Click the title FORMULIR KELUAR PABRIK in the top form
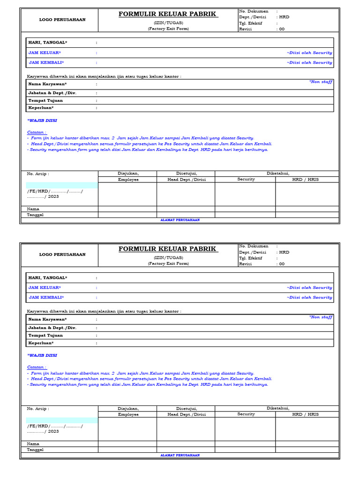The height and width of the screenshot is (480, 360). [168, 14]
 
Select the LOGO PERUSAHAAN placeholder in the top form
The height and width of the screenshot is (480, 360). [62, 20]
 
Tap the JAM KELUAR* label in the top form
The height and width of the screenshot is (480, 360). [45, 52]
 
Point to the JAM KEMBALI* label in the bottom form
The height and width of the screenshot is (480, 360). [46, 297]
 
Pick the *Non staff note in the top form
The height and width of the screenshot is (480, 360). [321, 82]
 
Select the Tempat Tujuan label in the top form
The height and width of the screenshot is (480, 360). [45, 100]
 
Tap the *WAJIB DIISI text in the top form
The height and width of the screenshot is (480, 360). [42, 120]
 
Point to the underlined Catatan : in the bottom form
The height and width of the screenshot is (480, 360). [37, 367]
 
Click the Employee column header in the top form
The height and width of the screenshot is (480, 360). [128, 180]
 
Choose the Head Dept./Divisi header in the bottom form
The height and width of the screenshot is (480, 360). [186, 414]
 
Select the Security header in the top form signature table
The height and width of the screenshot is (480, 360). [246, 179]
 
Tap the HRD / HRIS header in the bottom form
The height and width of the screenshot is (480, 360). [305, 414]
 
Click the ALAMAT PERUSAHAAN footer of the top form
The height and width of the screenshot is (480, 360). [180, 220]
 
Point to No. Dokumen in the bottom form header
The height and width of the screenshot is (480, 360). [254, 246]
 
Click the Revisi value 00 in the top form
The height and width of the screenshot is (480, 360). [281, 29]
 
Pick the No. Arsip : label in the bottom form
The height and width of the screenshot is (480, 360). [38, 408]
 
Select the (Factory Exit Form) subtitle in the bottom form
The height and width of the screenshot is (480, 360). [168, 264]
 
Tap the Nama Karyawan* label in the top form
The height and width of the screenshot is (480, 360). [47, 84]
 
